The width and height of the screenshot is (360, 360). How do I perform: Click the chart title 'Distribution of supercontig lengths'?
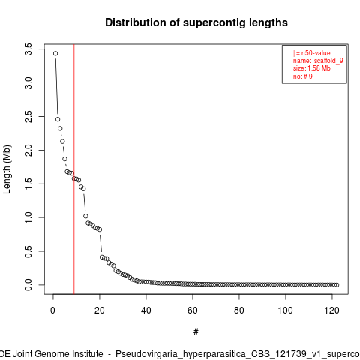(196, 22)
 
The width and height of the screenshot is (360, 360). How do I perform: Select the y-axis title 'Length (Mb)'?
(7, 169)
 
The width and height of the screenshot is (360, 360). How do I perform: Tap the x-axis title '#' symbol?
(196, 332)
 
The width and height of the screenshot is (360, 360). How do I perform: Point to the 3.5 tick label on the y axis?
(28, 49)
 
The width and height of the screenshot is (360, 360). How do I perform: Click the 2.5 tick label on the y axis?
(28, 116)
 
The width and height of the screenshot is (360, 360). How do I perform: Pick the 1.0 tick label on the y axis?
(28, 217)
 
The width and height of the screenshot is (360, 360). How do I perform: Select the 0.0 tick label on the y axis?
(28, 285)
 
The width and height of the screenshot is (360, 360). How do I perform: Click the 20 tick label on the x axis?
(100, 310)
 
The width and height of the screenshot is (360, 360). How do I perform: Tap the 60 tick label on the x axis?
(193, 310)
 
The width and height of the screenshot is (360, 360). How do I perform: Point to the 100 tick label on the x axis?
(285, 310)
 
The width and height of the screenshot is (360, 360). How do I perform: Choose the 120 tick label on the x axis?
(331, 310)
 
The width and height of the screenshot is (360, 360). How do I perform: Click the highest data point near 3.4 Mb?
(55, 53)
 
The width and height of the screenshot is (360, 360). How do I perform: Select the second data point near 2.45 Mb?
(58, 119)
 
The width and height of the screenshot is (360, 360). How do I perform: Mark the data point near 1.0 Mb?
(85, 216)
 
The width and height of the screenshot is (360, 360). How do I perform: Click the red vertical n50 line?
(74, 169)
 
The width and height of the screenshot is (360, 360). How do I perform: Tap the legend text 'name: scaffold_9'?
(318, 61)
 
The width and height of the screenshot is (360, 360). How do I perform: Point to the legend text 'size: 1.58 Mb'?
(312, 68)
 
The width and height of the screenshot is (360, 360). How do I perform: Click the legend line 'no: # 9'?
(303, 76)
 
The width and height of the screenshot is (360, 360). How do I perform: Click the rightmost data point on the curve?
(337, 285)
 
